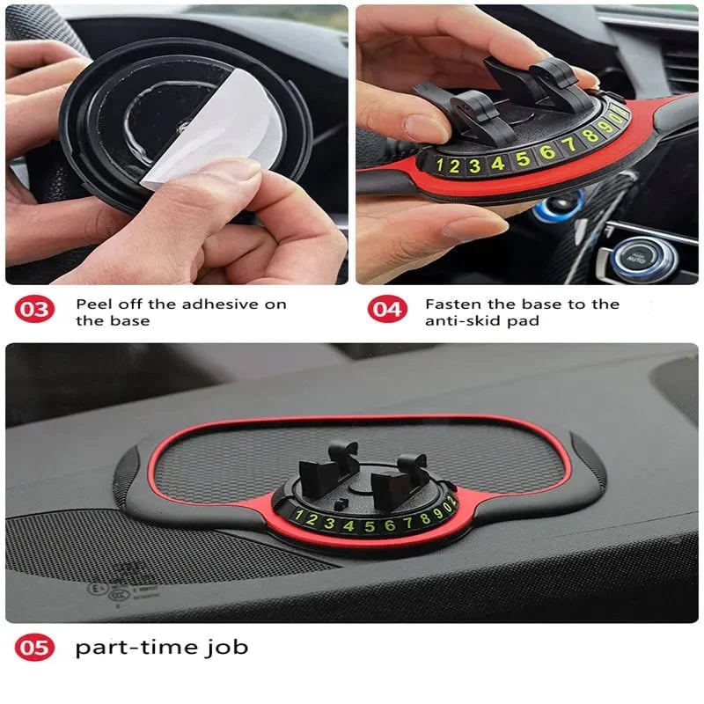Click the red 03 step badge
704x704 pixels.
pos(35,310)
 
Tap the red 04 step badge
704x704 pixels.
pos(385,310)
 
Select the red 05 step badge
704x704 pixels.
pos(35,649)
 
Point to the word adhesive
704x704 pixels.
pos(216,304)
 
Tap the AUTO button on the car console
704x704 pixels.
pos(635,258)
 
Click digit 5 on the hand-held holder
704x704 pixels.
pos(523,159)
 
